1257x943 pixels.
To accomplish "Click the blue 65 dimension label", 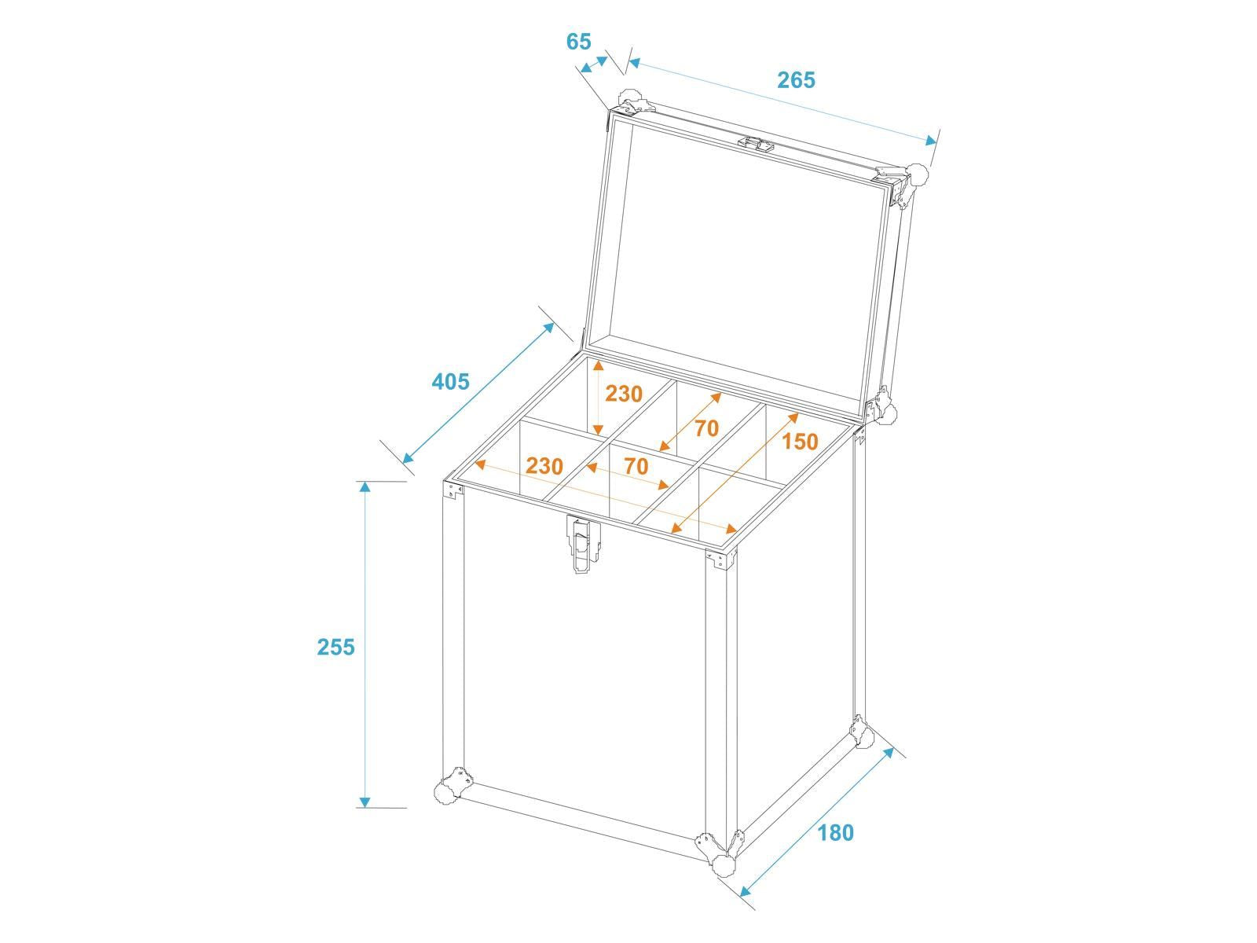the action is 578,42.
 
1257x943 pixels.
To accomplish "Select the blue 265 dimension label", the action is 796,80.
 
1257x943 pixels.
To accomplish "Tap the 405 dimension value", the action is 451,381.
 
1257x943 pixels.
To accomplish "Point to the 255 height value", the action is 336,647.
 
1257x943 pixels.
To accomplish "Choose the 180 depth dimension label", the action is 836,832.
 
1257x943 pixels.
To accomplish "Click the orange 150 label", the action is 800,442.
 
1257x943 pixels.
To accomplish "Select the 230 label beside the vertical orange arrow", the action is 624,394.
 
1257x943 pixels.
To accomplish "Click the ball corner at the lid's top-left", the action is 631,98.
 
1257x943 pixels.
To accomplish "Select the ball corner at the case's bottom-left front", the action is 446,792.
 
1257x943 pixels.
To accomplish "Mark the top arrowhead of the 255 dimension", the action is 365,487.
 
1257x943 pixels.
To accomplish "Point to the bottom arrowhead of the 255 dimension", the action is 365,802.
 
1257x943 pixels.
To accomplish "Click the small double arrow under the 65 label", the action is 594,64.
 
